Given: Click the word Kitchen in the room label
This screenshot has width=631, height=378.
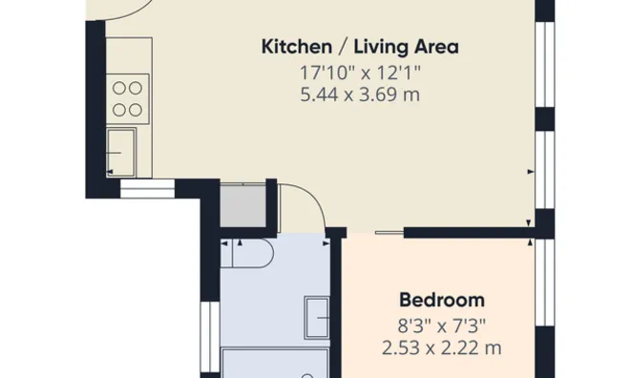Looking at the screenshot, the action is tap(297, 47).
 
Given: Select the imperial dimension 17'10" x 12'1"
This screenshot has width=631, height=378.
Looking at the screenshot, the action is tap(360, 73).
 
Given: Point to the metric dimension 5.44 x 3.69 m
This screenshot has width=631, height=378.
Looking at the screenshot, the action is tap(360, 95).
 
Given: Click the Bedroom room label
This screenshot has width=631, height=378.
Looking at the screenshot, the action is tap(442, 301).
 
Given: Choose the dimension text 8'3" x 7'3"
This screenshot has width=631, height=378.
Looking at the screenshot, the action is tap(442, 325).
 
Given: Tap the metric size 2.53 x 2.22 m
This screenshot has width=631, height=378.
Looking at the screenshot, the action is tap(442, 348).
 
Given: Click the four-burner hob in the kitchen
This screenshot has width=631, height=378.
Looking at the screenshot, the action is tap(128, 99).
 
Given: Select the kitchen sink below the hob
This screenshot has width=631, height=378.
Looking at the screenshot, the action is tap(121, 153).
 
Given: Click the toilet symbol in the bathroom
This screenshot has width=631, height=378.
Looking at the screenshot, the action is tap(247, 253).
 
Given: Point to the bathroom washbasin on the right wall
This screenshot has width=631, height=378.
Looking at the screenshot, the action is tap(317, 318).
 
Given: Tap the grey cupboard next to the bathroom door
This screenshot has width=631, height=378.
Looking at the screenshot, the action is tap(242, 205).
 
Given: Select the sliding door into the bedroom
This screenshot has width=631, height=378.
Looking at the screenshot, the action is tap(389, 232).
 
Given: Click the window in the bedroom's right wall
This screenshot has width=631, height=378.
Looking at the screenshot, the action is tap(545, 283).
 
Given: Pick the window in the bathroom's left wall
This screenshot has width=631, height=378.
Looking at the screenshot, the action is tap(210, 337).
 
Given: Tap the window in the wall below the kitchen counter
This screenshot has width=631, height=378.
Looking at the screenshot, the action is tap(147, 188).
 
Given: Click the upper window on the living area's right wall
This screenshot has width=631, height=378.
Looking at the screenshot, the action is tap(545, 64).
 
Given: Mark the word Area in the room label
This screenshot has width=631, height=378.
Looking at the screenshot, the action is tap(436, 47).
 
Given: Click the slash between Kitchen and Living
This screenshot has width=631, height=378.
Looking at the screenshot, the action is tap(343, 47).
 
